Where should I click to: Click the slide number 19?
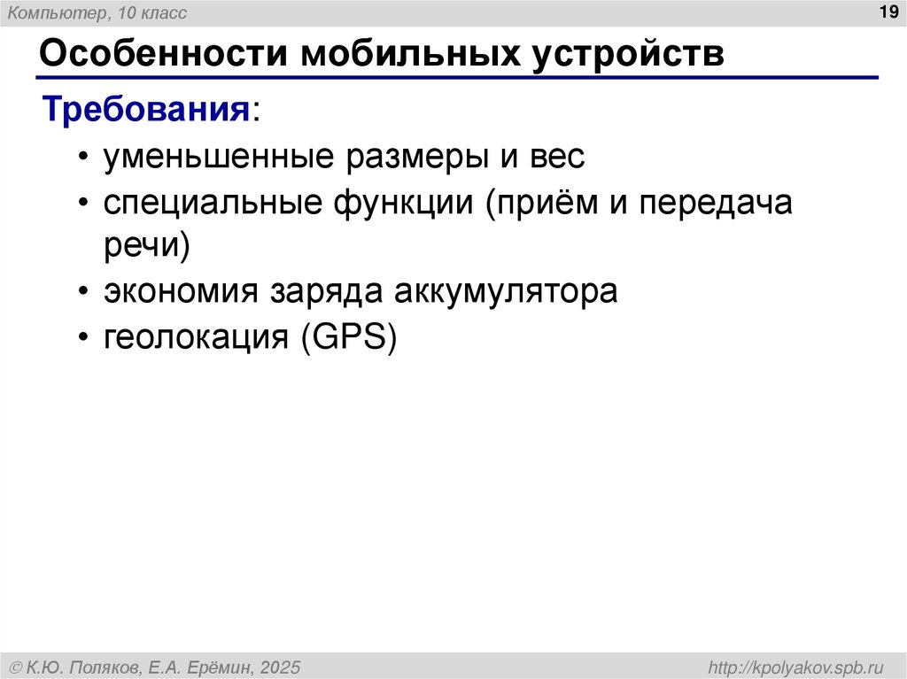[887, 12]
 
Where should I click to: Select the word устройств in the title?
[630, 55]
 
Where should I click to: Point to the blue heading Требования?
[147, 111]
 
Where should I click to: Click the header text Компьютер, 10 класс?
[97, 12]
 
